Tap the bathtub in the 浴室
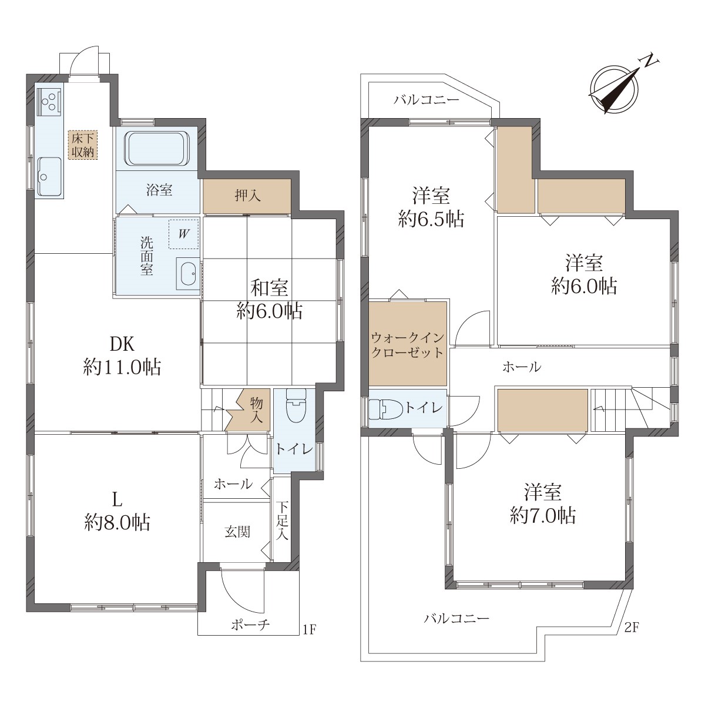(x=157, y=149)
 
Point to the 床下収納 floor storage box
(x=83, y=145)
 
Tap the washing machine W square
(x=184, y=234)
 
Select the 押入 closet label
(x=248, y=196)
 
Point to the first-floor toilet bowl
(x=296, y=405)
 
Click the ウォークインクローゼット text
(x=407, y=345)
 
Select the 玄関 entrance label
(x=237, y=532)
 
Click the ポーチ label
(x=251, y=625)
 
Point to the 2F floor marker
(x=632, y=628)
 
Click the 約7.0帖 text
(x=543, y=516)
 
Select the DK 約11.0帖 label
(x=122, y=355)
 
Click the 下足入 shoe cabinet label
(x=281, y=521)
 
